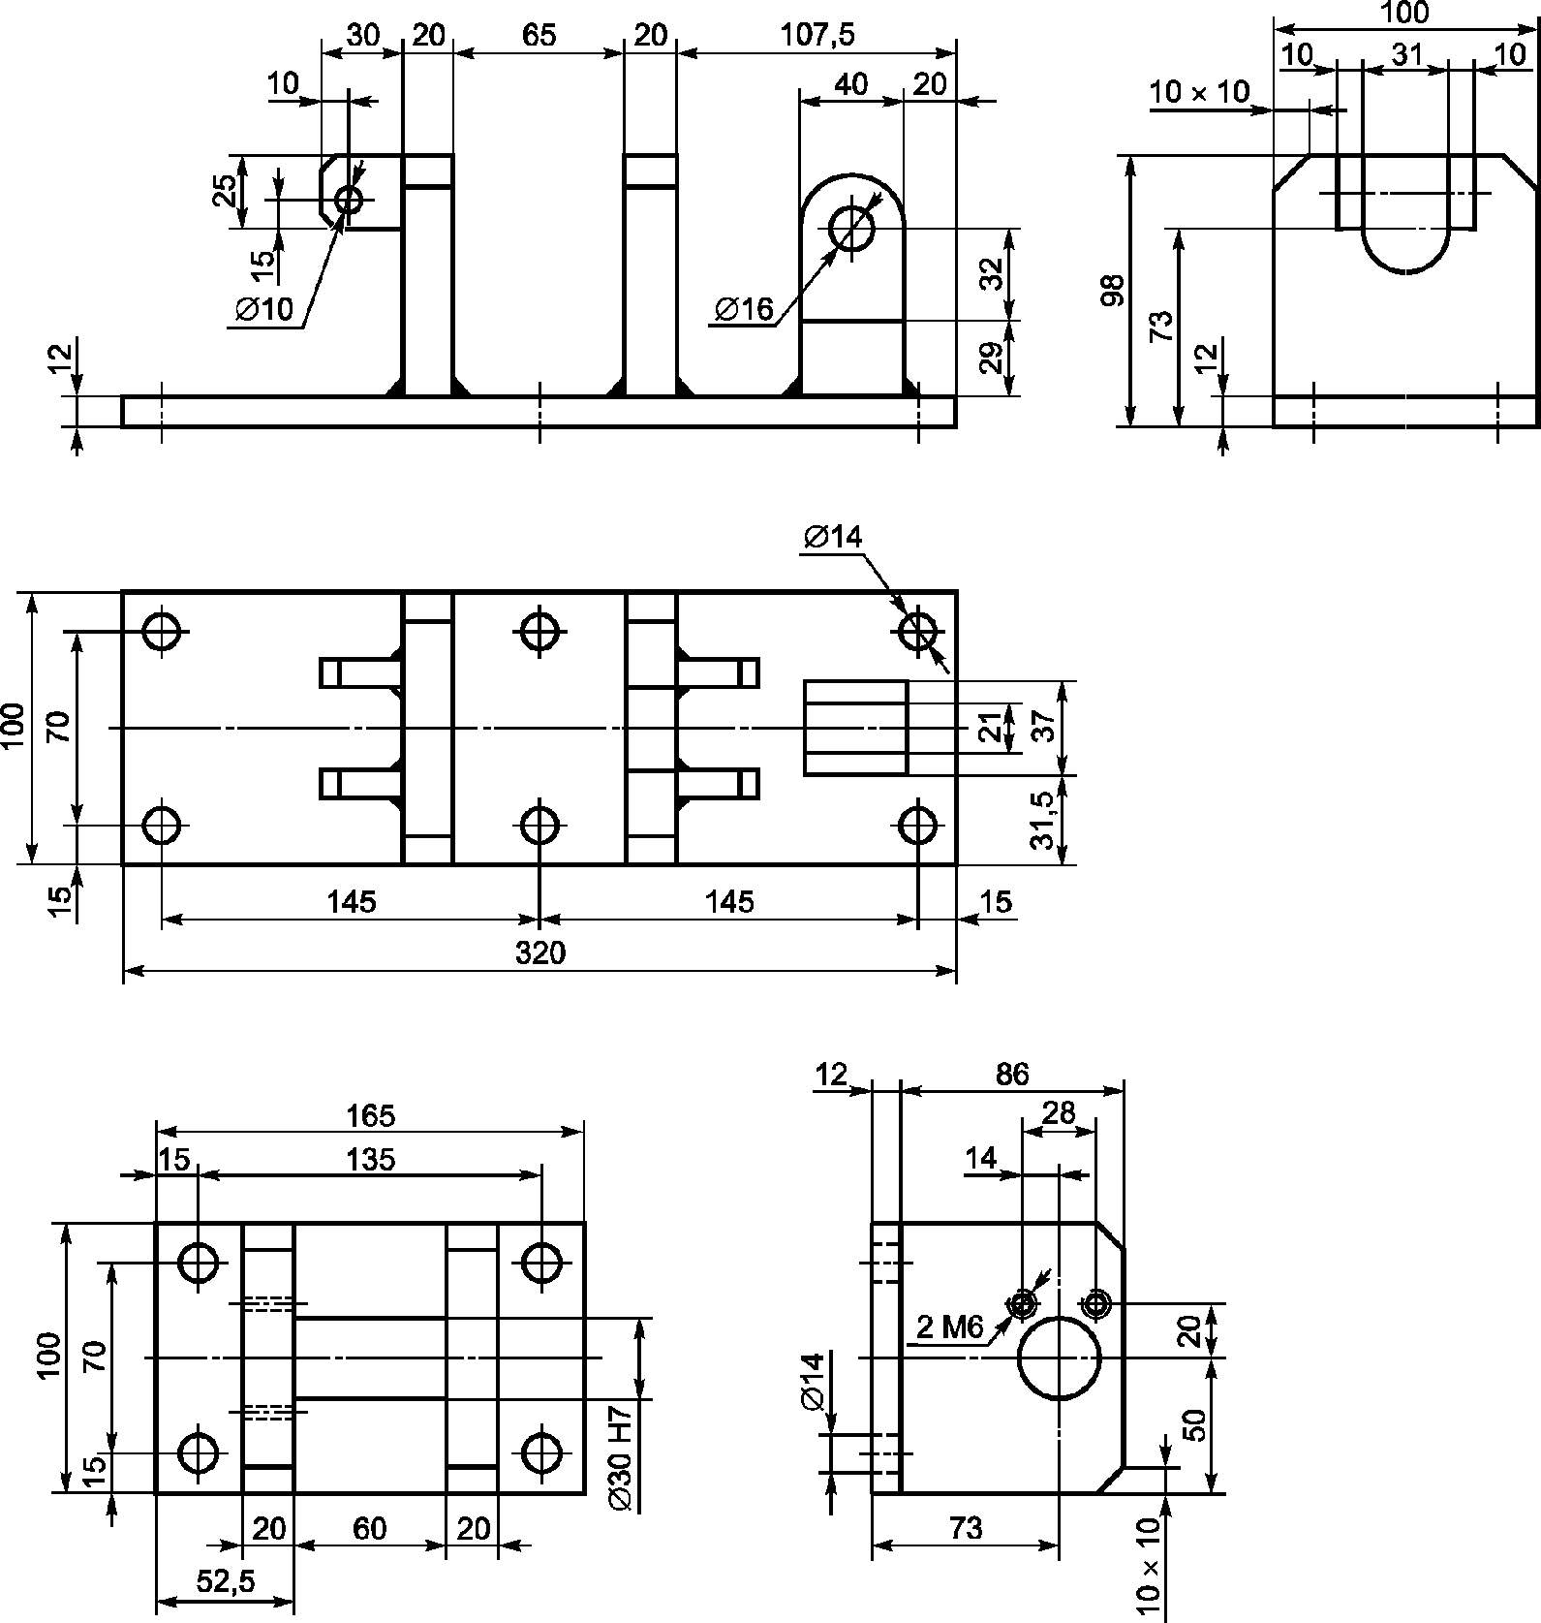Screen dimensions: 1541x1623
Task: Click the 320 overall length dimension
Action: click(539, 953)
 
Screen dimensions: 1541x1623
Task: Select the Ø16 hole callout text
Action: click(745, 309)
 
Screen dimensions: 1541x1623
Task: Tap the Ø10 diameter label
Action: click(263, 309)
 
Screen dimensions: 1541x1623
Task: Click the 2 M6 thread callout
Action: click(950, 1326)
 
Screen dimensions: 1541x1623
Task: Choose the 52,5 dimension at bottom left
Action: click(224, 1581)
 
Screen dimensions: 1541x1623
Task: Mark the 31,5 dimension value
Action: click(1042, 820)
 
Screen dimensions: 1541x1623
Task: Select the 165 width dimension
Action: click(371, 1116)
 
